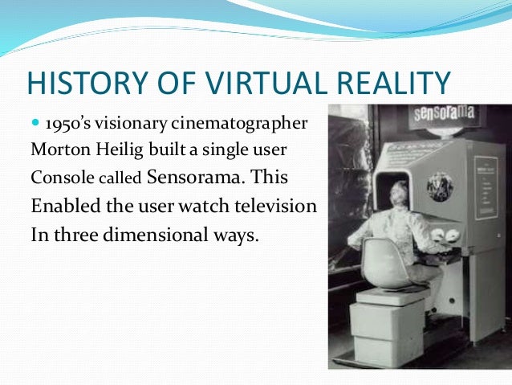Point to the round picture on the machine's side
[x=439, y=186]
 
